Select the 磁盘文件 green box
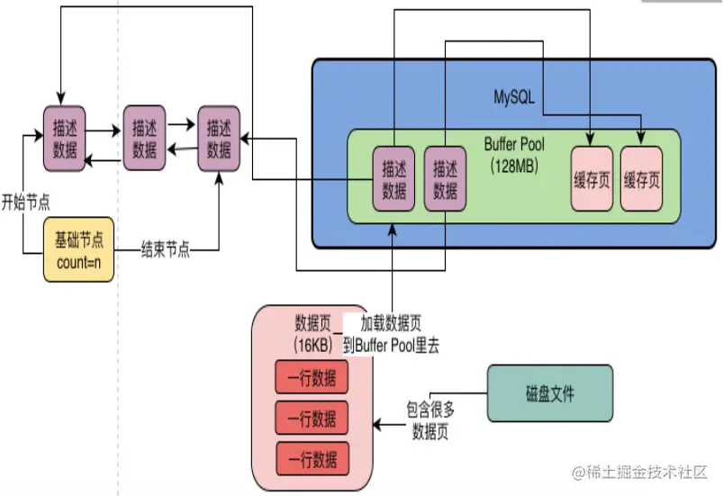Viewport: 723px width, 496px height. (549, 393)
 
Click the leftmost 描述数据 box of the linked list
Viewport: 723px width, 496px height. (65, 138)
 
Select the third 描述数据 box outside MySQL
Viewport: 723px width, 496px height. (219, 138)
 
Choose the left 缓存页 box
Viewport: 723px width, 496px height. (592, 178)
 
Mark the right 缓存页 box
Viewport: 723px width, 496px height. (642, 178)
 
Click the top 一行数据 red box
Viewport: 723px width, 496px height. (312, 379)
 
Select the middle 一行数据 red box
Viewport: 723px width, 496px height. (312, 418)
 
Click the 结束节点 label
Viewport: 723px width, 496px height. (165, 249)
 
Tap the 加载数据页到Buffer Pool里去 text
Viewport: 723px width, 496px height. (397, 333)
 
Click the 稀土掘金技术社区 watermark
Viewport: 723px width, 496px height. (641, 472)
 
